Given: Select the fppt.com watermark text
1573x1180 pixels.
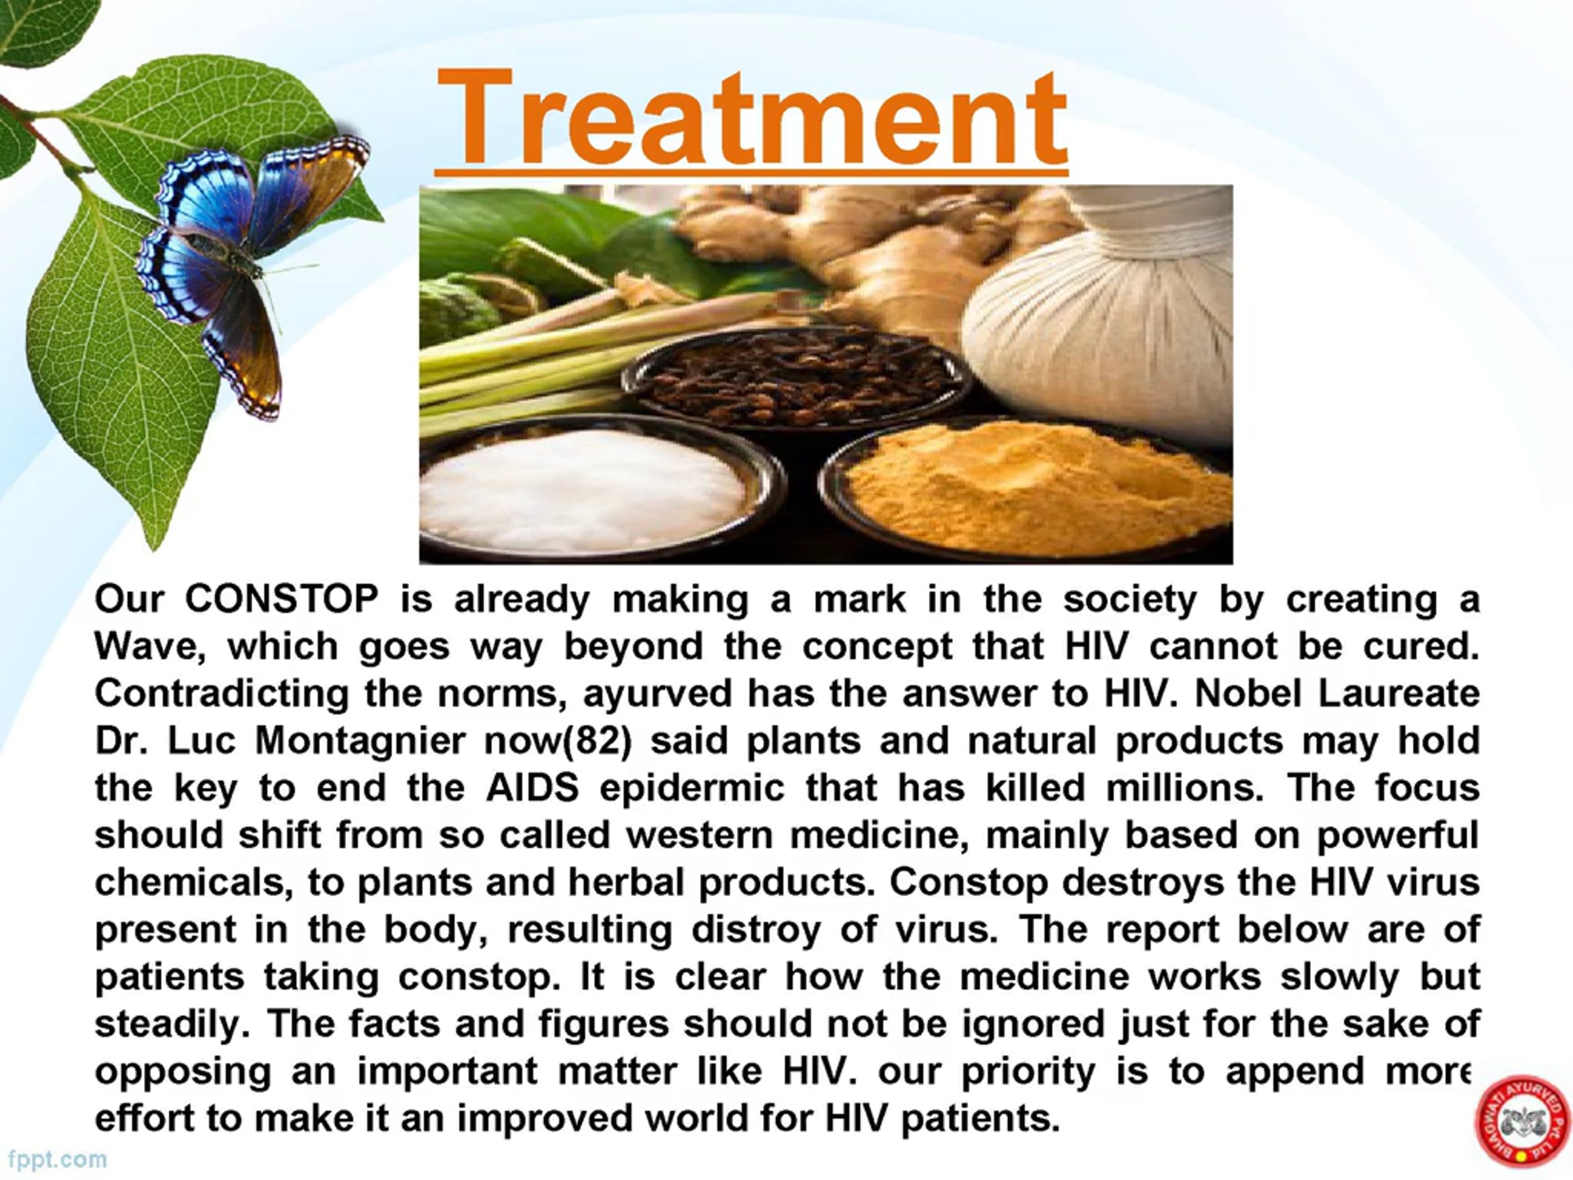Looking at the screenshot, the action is click(x=58, y=1160).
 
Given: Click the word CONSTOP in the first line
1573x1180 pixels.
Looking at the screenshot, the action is click(x=282, y=599).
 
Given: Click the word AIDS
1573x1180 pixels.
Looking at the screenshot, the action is click(x=532, y=788).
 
